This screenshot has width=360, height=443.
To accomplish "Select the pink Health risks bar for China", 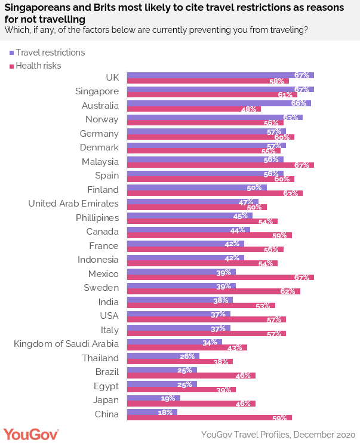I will coord(210,418).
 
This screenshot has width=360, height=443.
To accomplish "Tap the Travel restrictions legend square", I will coord(11,53).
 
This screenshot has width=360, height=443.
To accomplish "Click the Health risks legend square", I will coord(11,66).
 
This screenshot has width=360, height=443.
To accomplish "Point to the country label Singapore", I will coord(97,91).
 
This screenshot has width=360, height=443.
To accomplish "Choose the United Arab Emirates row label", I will coord(73,204).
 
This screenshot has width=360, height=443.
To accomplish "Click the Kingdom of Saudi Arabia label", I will coord(66,344).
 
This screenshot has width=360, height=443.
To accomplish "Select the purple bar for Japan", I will coord(154,398).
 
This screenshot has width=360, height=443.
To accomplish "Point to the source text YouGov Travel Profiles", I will coord(278,434).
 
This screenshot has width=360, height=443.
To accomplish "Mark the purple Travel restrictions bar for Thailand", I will coord(164,356).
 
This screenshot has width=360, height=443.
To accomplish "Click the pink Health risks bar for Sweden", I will coord(214,291).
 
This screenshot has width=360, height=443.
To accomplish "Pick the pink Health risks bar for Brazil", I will coord(192,376).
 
